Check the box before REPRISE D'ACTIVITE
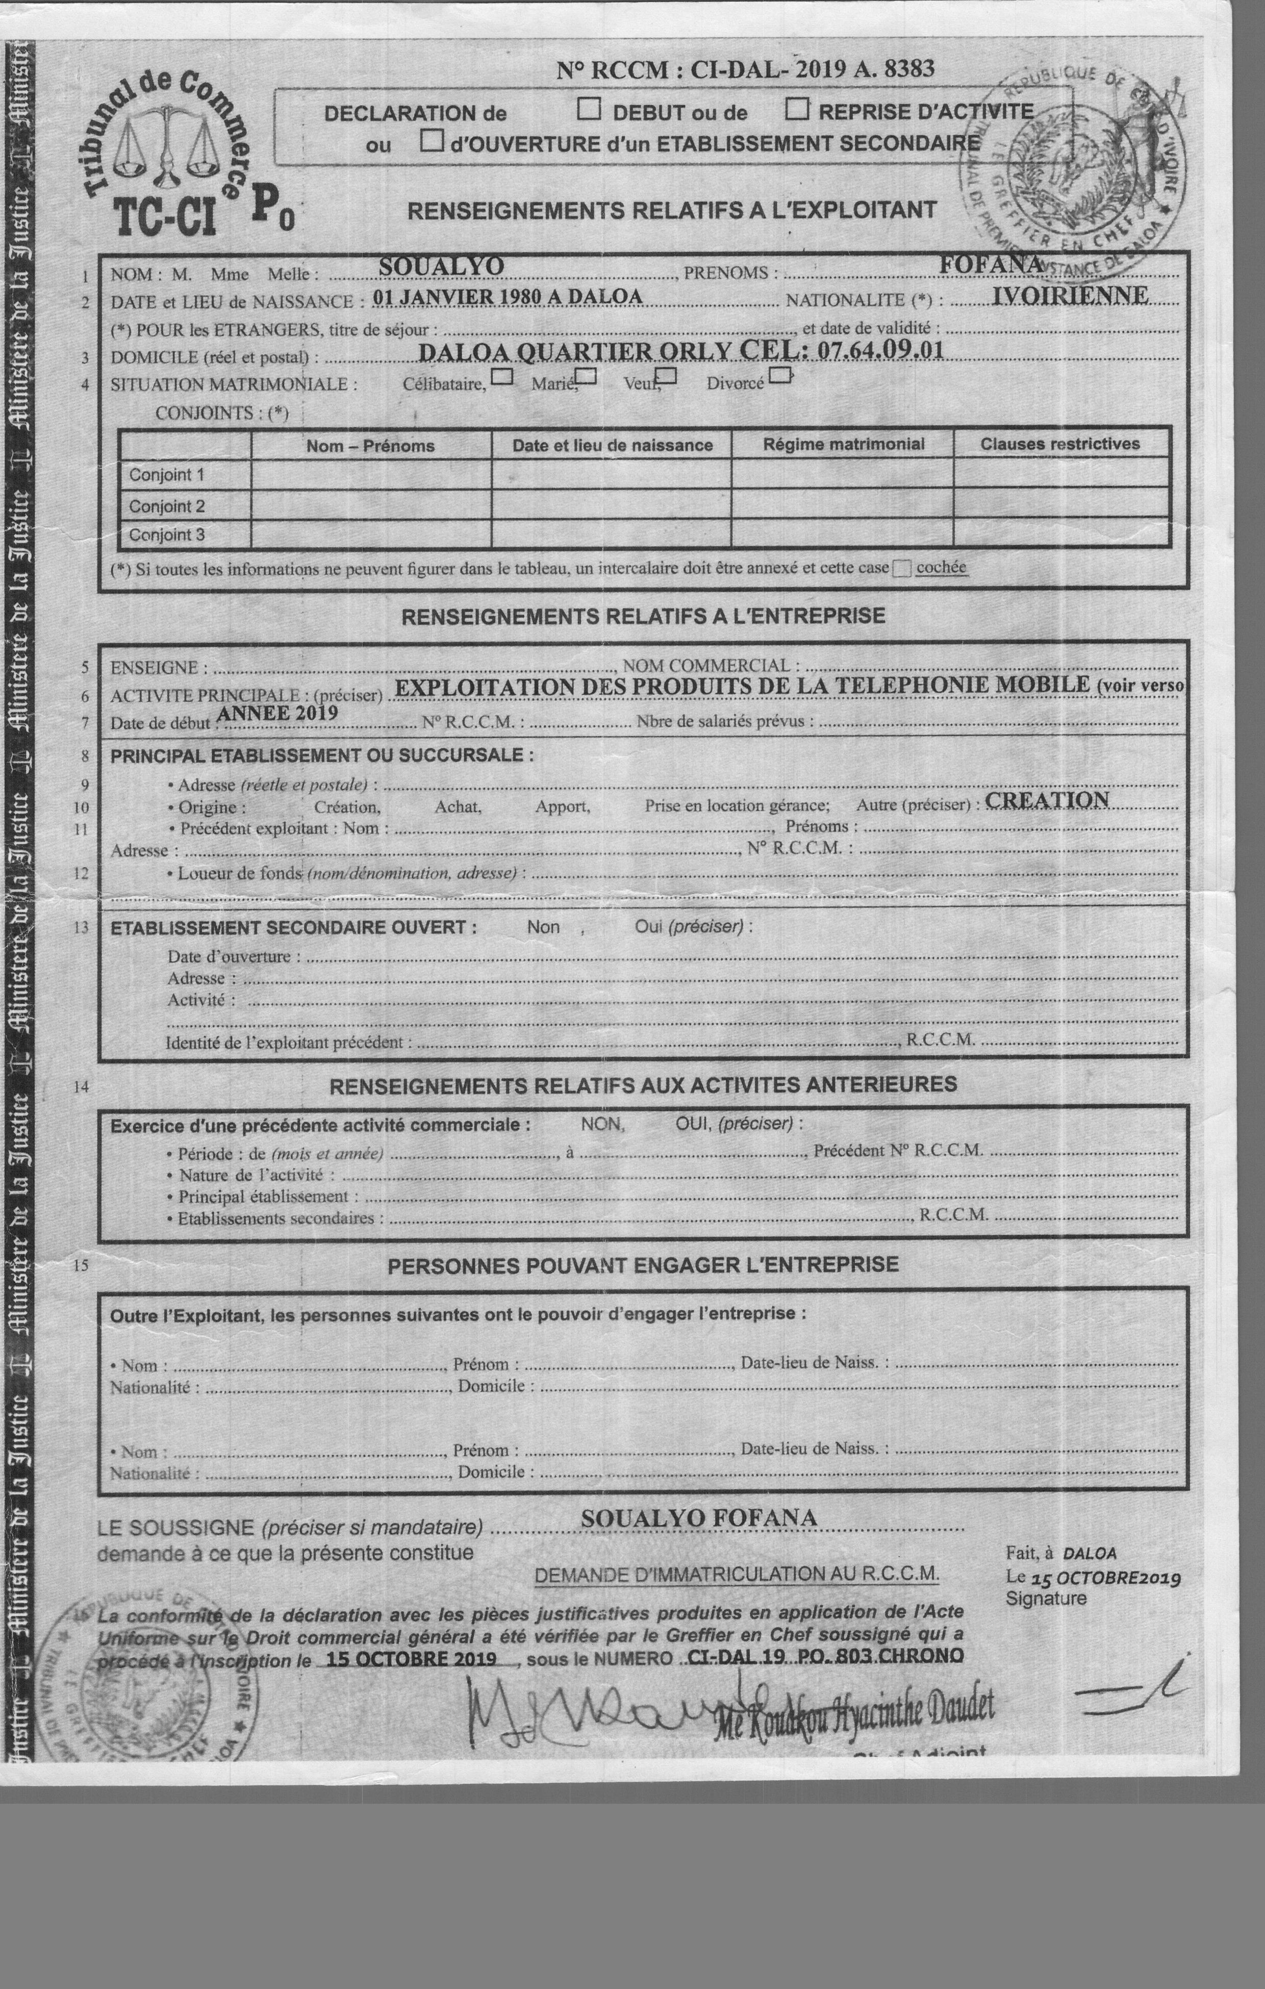coord(796,108)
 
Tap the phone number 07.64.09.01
coord(880,350)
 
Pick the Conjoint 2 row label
coord(166,505)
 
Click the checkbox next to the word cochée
coord(902,568)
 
